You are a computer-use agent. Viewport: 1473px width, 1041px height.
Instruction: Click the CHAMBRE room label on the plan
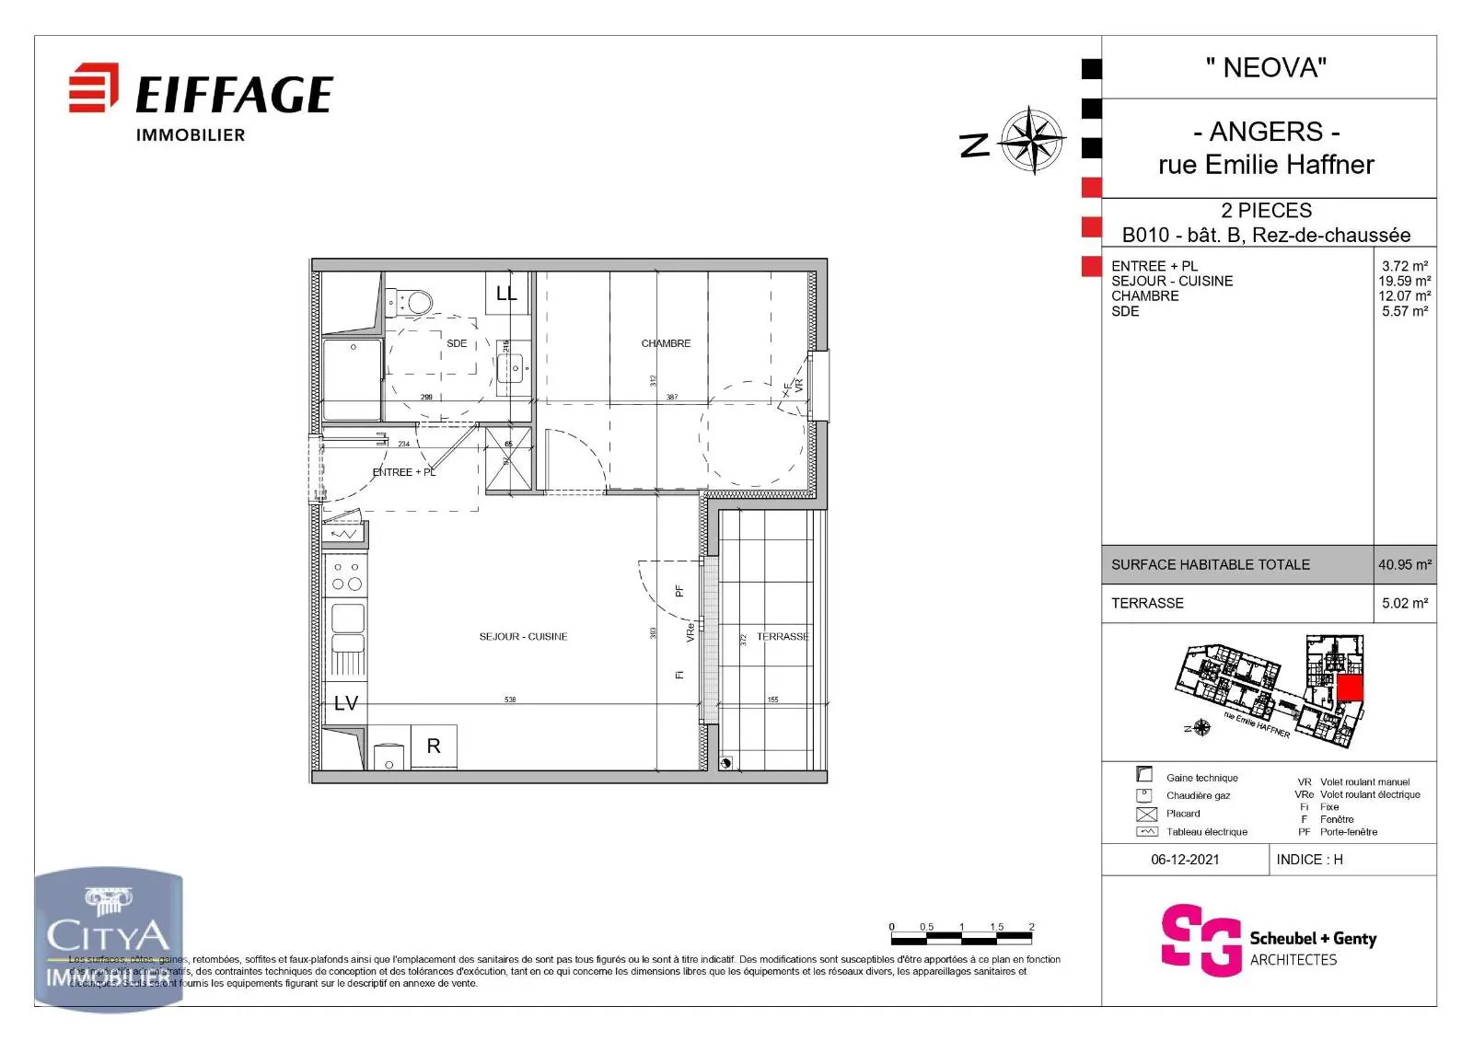tap(666, 343)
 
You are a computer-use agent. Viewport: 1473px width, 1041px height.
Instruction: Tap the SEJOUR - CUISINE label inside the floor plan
tap(523, 637)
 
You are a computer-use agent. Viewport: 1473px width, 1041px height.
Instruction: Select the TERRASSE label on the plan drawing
tap(783, 637)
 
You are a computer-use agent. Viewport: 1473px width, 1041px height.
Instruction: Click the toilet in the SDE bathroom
tap(417, 301)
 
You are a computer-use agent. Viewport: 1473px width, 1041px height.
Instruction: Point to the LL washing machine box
tap(506, 294)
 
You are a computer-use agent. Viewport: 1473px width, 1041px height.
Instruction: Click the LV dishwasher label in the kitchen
tap(345, 704)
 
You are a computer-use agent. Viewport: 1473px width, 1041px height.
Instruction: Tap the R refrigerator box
tap(434, 746)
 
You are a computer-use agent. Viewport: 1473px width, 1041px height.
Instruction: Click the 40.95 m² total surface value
tap(1404, 565)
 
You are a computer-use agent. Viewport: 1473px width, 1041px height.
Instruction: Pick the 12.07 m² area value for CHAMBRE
tap(1404, 296)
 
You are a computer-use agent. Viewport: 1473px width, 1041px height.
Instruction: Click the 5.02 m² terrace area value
tap(1404, 604)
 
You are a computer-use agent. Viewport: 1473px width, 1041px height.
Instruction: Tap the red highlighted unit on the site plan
tap(1350, 688)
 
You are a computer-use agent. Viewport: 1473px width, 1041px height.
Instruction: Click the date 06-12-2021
tap(1185, 860)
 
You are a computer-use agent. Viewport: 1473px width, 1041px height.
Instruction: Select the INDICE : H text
tap(1309, 860)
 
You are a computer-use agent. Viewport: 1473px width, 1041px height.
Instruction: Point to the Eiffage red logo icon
tap(94, 88)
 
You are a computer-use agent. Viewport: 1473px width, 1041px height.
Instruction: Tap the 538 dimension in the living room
tap(510, 700)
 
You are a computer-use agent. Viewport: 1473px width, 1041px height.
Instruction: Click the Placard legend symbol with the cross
tap(1146, 815)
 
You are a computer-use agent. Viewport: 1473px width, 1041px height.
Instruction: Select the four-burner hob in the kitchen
tap(346, 576)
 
